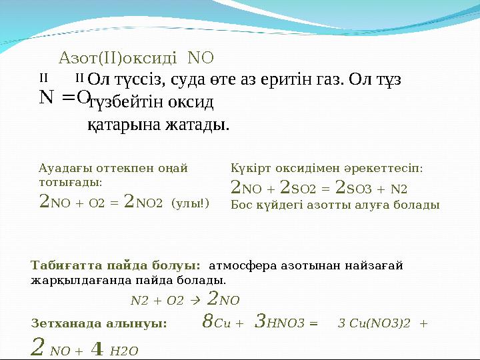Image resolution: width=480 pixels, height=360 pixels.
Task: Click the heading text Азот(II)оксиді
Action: pyautogui.click(x=118, y=57)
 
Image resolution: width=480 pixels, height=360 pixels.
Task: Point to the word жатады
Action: pyautogui.click(x=199, y=124)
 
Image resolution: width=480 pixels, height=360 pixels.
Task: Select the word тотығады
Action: pyautogui.click(x=70, y=181)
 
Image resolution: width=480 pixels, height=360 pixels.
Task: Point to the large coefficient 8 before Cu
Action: pyautogui.click(x=207, y=323)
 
